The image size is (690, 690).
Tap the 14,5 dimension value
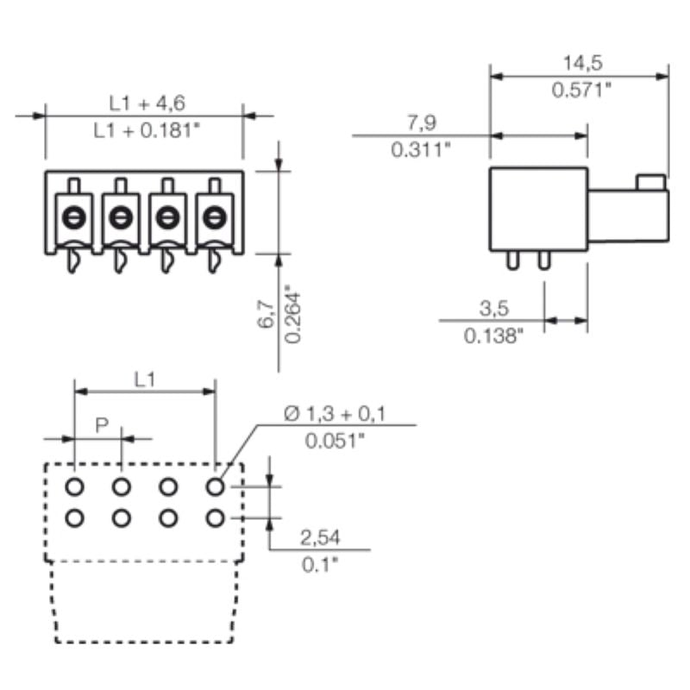tap(582, 62)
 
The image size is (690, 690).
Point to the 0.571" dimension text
tap(582, 91)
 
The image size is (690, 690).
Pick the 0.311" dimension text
tap(422, 149)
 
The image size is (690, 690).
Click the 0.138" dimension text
tap(493, 335)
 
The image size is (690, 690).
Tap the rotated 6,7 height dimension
tap(266, 314)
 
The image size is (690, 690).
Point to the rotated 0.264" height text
tap(293, 313)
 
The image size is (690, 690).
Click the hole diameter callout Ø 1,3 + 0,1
tap(336, 414)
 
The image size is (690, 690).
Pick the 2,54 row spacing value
tap(320, 538)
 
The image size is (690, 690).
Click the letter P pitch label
tap(101, 424)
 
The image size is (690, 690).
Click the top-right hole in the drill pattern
tap(216, 487)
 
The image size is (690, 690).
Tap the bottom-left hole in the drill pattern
tap(75, 518)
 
